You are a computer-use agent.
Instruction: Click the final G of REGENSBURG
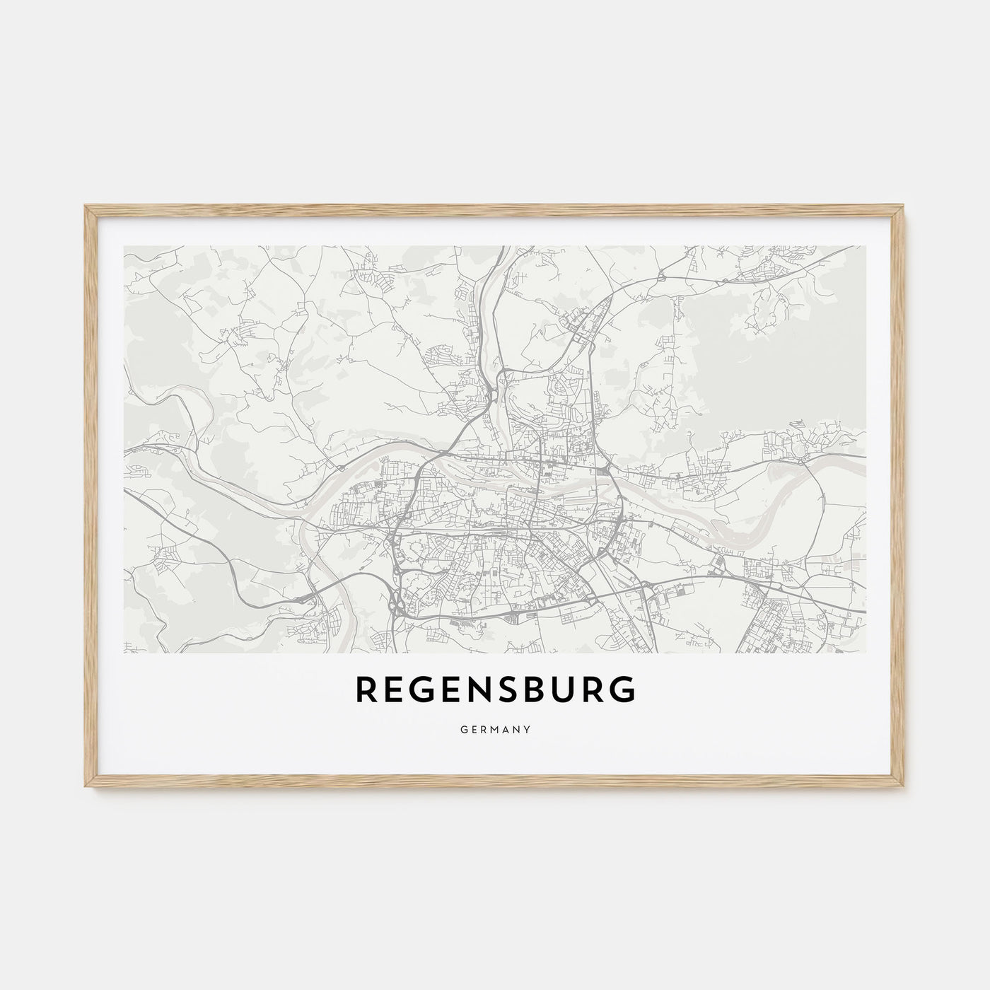[x=622, y=692]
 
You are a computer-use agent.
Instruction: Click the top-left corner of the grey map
[x=124, y=247]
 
